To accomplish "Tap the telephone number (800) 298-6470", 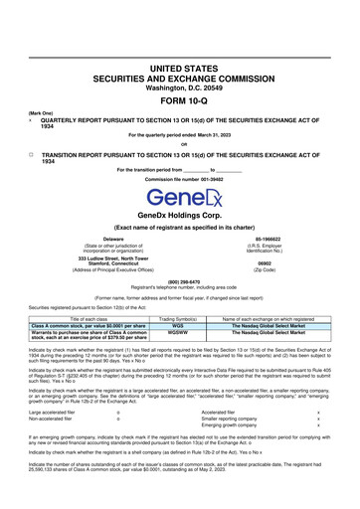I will [x=180, y=281].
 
